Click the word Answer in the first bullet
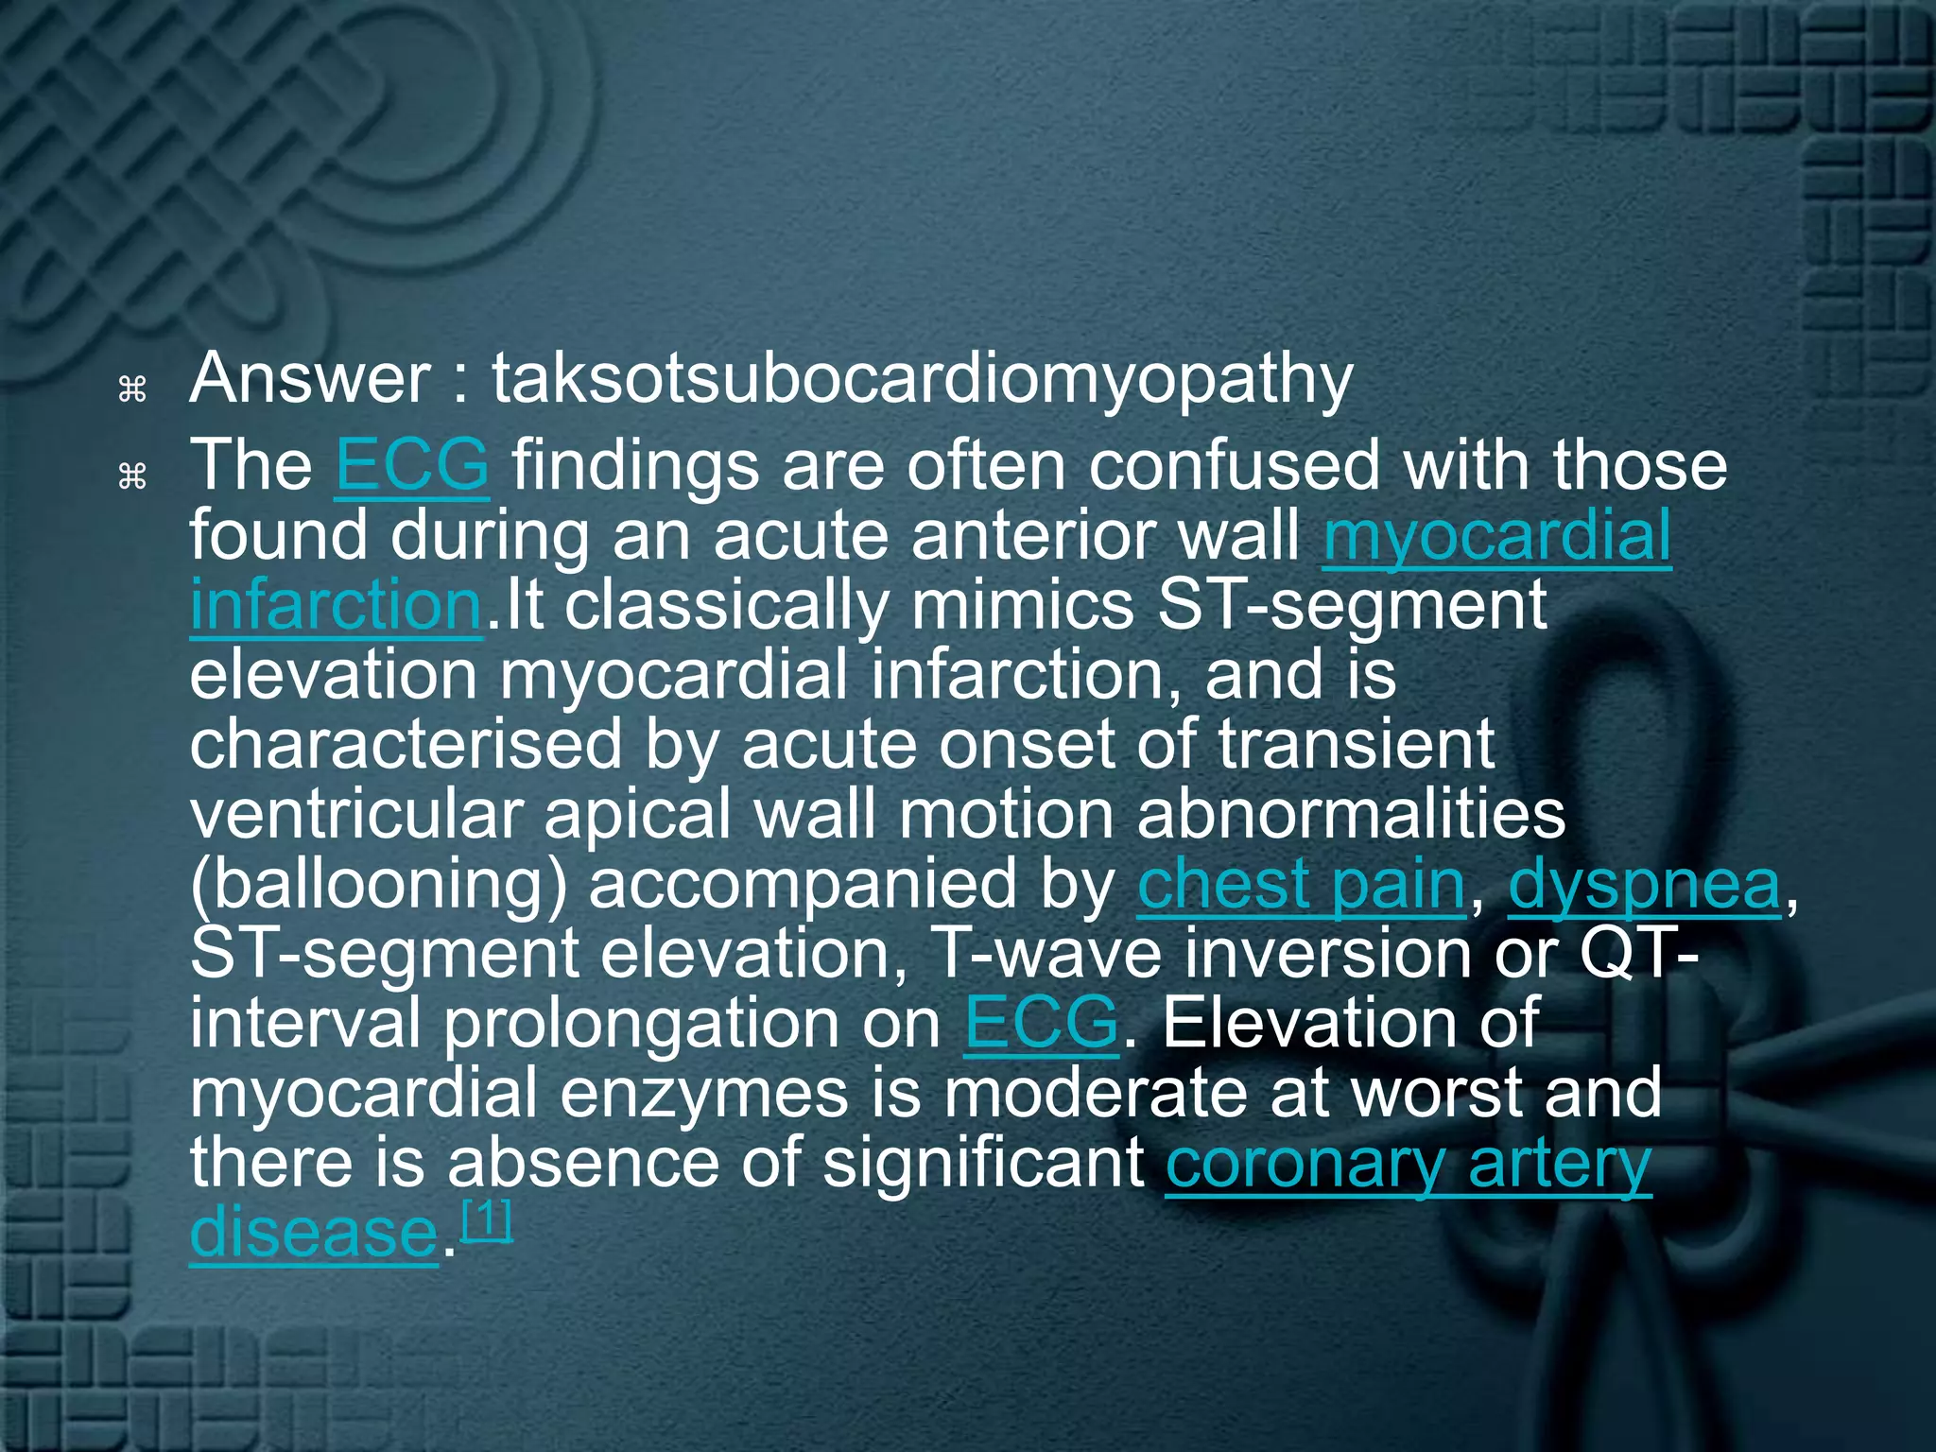click(x=310, y=378)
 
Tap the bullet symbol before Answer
click(x=132, y=389)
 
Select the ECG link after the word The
click(x=411, y=465)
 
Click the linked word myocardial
click(x=1496, y=535)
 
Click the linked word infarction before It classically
click(x=336, y=605)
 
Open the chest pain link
click(x=1301, y=885)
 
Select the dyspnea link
click(x=1644, y=885)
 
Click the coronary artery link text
click(x=1409, y=1164)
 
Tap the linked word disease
click(x=313, y=1233)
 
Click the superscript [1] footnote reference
click(x=486, y=1220)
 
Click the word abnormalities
click(x=1351, y=815)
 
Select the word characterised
click(x=406, y=745)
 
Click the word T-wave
click(x=1046, y=954)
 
